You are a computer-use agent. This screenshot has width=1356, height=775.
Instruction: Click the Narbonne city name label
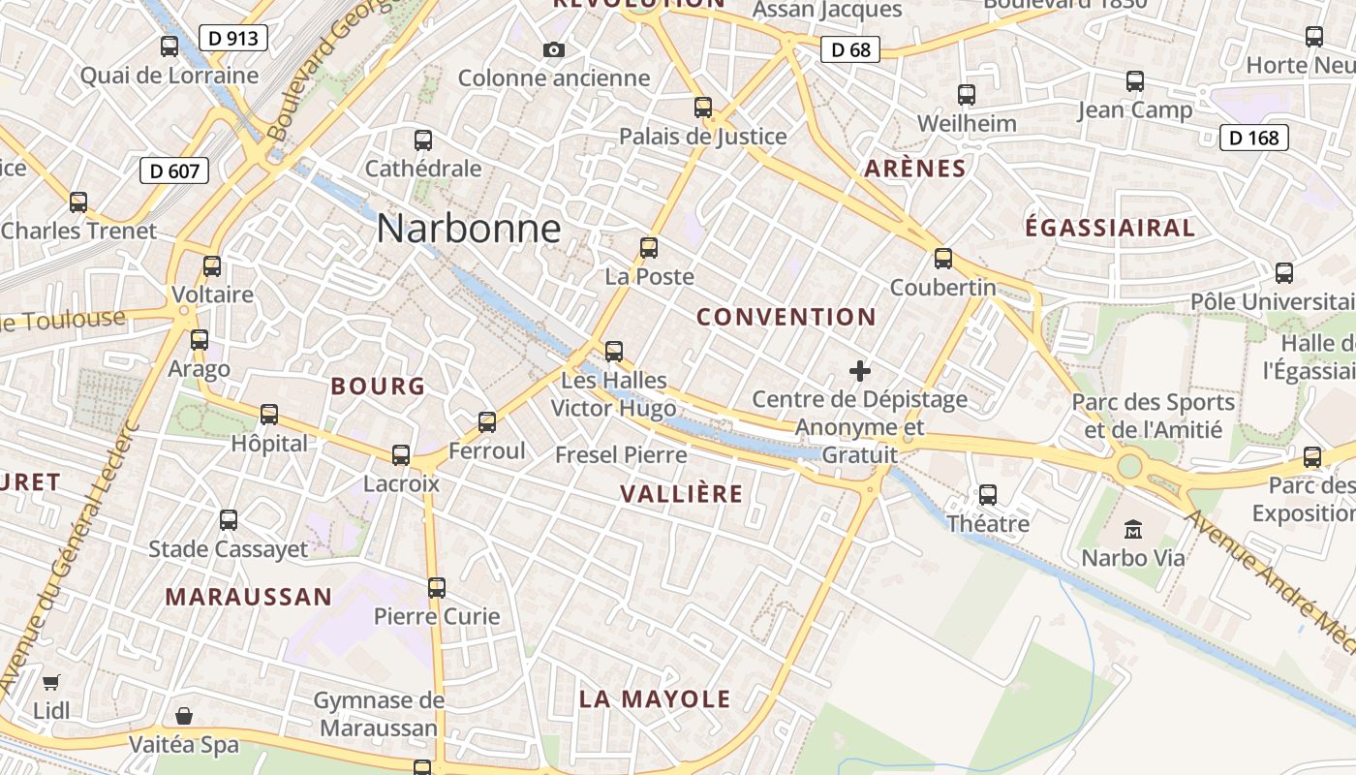469,229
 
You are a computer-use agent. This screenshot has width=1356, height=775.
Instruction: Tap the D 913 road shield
232,38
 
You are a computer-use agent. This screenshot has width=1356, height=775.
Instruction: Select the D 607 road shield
175,171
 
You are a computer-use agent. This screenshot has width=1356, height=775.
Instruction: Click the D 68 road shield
850,49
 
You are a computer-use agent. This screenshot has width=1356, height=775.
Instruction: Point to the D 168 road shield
1254,138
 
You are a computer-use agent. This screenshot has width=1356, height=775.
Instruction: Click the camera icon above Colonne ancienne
554,49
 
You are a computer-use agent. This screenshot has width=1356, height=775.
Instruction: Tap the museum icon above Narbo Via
1133,529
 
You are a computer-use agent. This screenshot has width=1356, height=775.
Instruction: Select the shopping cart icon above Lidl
51,682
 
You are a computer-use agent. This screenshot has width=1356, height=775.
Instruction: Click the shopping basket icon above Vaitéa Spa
184,716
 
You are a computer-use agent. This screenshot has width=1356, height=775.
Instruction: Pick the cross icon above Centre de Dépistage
859,370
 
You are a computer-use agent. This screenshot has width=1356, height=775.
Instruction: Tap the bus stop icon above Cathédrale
423,139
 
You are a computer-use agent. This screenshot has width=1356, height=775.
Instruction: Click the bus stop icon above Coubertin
943,259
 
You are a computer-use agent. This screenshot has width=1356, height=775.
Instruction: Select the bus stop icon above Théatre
988,495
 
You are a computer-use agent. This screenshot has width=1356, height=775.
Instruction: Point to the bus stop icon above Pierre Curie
437,587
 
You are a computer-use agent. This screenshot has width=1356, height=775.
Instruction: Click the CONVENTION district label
786,317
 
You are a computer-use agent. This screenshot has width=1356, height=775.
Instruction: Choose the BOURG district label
378,387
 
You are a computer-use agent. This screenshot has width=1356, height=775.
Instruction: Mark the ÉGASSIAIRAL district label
1110,228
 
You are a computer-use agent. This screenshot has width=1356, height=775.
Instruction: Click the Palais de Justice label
703,137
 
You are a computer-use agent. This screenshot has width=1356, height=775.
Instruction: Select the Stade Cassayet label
229,549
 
